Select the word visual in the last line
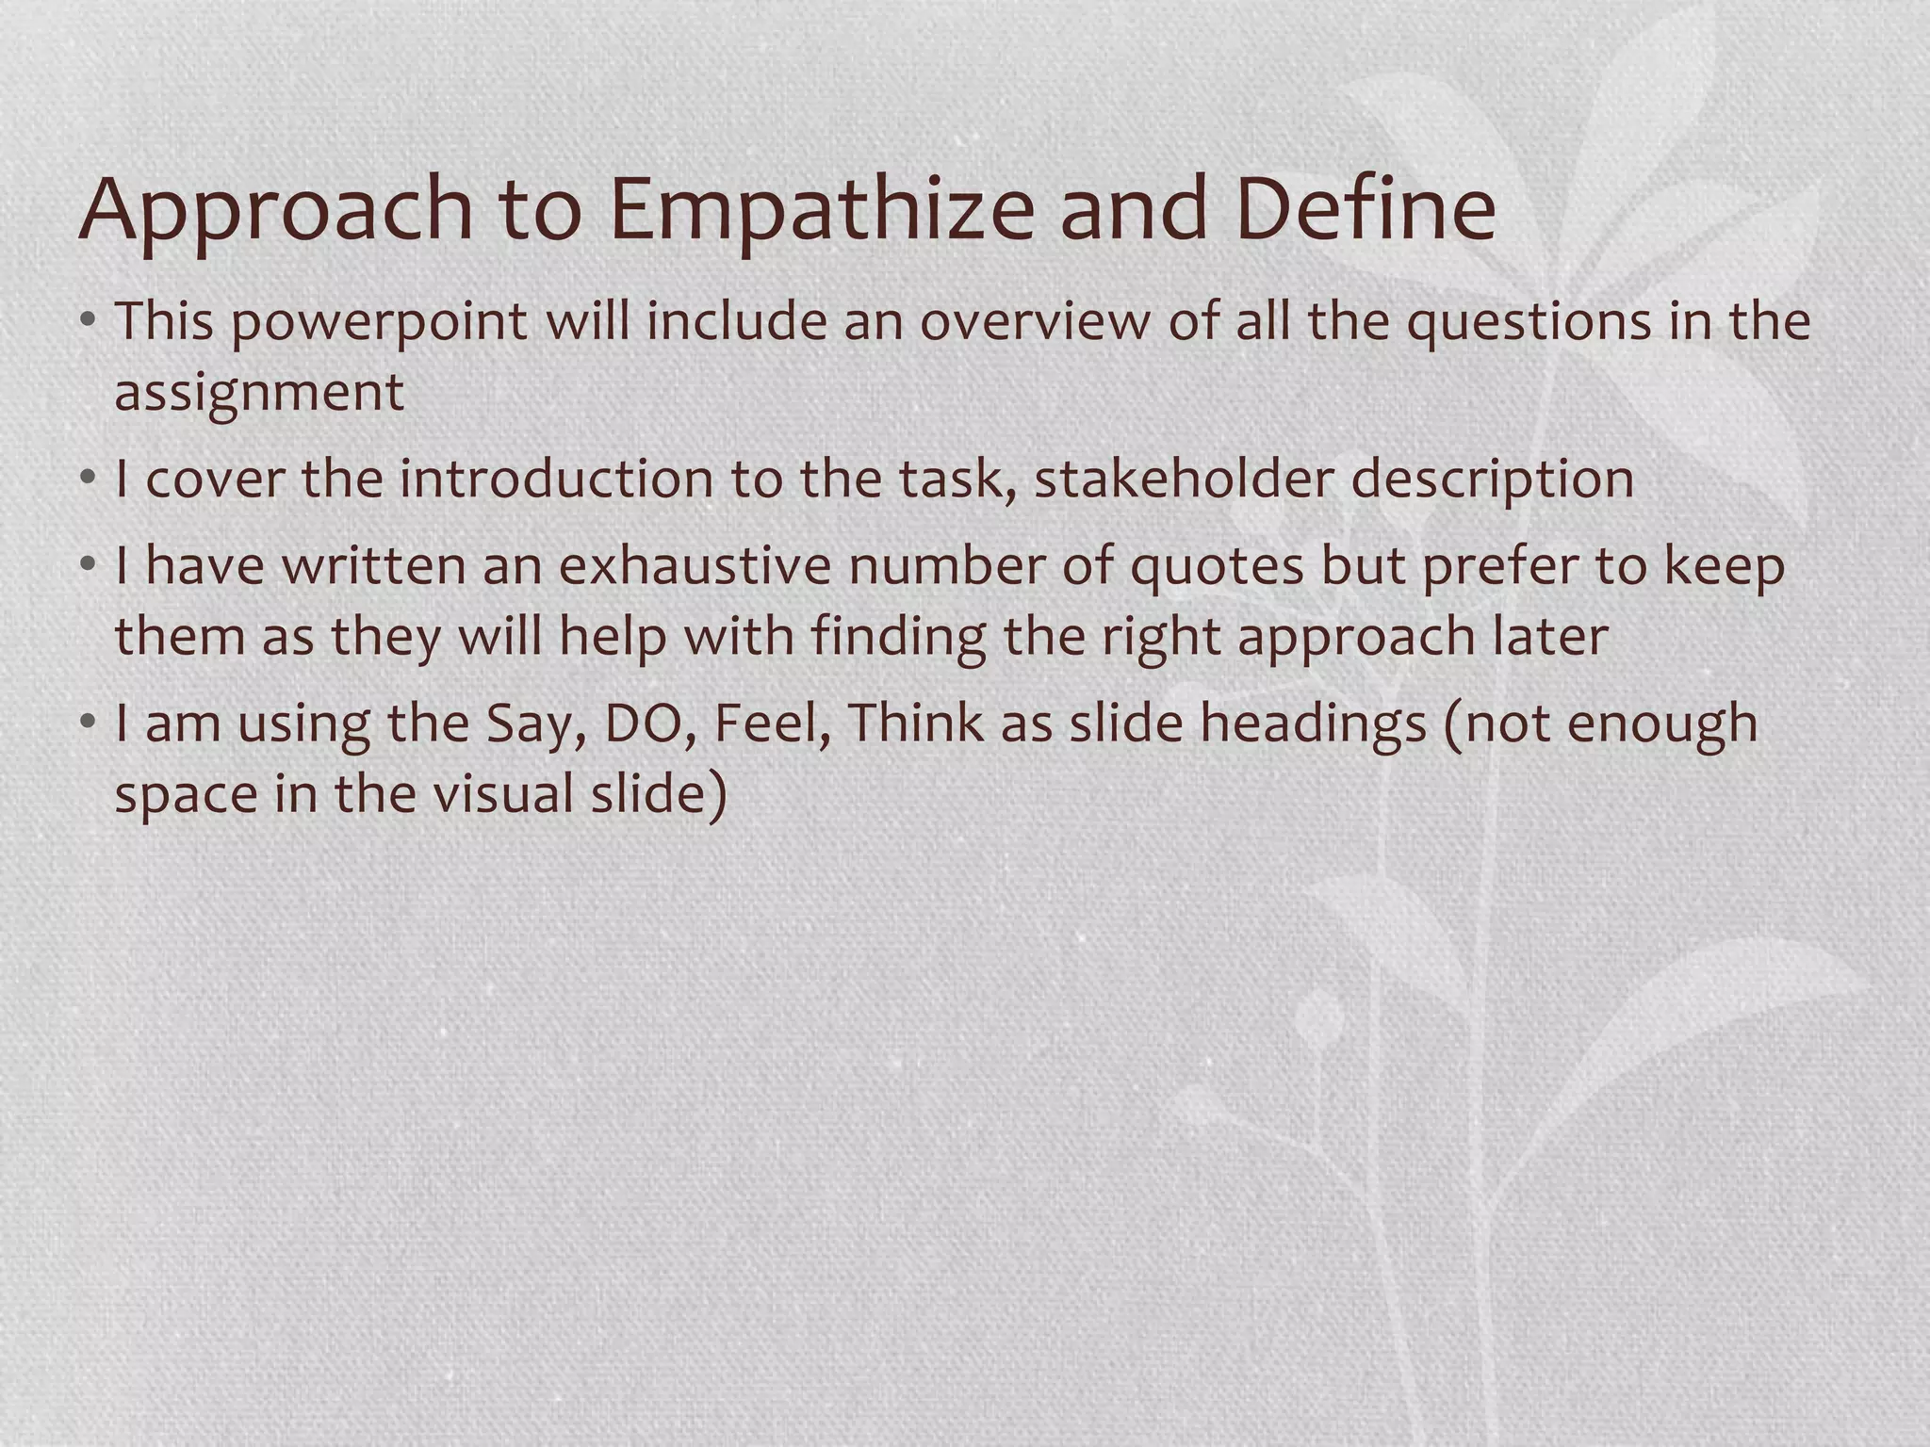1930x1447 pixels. (x=503, y=794)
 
